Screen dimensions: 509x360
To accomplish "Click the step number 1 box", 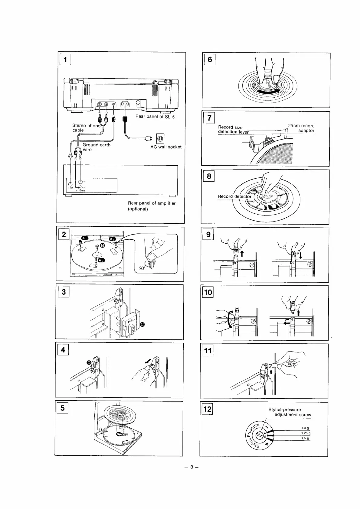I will tap(65, 59).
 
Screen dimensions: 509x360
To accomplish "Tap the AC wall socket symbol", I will tap(160, 139).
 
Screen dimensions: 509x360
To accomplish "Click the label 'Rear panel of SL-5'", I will tap(155, 117).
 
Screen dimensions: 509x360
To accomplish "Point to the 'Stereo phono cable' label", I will tap(86, 128).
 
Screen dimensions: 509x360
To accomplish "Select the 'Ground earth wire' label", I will tap(96, 147).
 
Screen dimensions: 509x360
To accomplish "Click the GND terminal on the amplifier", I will tap(70, 184).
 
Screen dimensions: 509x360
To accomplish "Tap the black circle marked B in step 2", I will tap(102, 245).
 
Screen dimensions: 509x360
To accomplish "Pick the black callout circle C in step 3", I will tap(142, 325).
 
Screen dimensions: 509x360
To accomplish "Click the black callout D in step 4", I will tap(89, 362).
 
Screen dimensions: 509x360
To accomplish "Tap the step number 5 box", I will tap(62, 408).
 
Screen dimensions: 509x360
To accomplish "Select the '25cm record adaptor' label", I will tap(301, 128).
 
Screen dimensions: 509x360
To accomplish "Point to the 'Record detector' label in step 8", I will tap(234, 196).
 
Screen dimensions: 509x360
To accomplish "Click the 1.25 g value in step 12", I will tap(306, 433).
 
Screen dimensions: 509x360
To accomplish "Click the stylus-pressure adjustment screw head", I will tap(260, 436).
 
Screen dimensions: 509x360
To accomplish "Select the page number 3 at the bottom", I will tap(191, 467).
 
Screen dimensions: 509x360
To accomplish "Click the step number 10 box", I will tap(208, 292).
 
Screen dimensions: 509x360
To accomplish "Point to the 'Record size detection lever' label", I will tap(233, 130).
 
